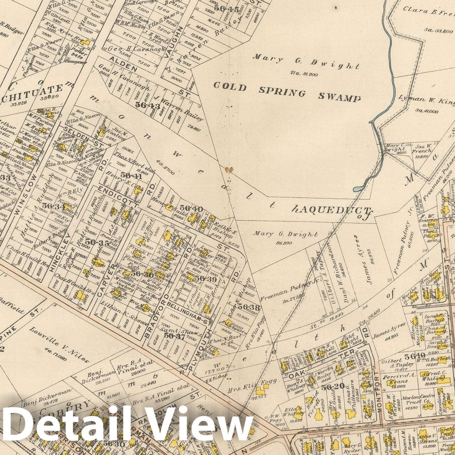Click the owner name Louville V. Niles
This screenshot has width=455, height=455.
[59, 345]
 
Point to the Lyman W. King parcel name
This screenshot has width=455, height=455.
[427, 100]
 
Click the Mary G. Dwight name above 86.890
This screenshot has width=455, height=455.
[285, 234]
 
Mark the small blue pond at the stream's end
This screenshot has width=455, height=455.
[358, 188]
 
